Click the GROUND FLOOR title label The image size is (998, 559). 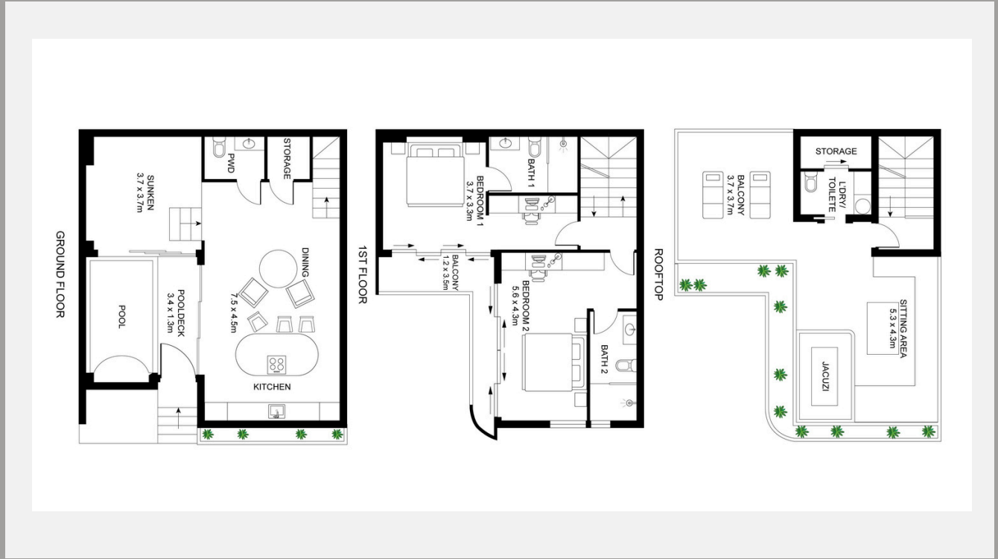coord(60,274)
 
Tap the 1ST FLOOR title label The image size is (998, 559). coord(363,274)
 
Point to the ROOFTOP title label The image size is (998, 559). coord(658,274)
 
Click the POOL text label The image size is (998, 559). coord(121,317)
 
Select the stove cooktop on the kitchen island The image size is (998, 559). coord(276,364)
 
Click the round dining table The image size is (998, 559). coord(279,269)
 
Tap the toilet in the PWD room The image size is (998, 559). coord(219,147)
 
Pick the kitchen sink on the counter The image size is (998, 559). coord(276,411)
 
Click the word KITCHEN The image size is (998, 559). coord(273,387)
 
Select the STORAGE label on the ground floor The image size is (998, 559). coord(287,159)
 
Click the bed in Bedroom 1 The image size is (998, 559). coord(435,175)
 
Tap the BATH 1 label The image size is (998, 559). coord(530,172)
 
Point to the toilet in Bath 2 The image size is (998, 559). coord(626,365)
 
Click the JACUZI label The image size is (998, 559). coord(824,376)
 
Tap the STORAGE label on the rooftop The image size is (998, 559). coord(836,151)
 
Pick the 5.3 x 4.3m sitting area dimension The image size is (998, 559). coord(892,328)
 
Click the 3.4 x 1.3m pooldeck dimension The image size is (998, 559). coord(170,313)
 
